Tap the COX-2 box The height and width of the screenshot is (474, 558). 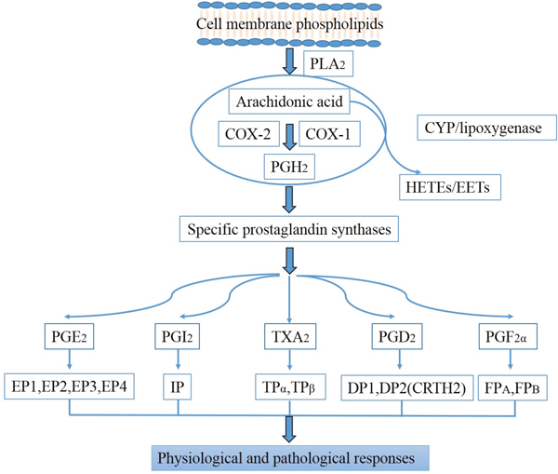pyautogui.click(x=246, y=134)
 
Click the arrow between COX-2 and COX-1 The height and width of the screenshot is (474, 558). pyautogui.click(x=288, y=134)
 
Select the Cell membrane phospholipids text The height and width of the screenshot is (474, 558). pyautogui.click(x=289, y=21)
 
